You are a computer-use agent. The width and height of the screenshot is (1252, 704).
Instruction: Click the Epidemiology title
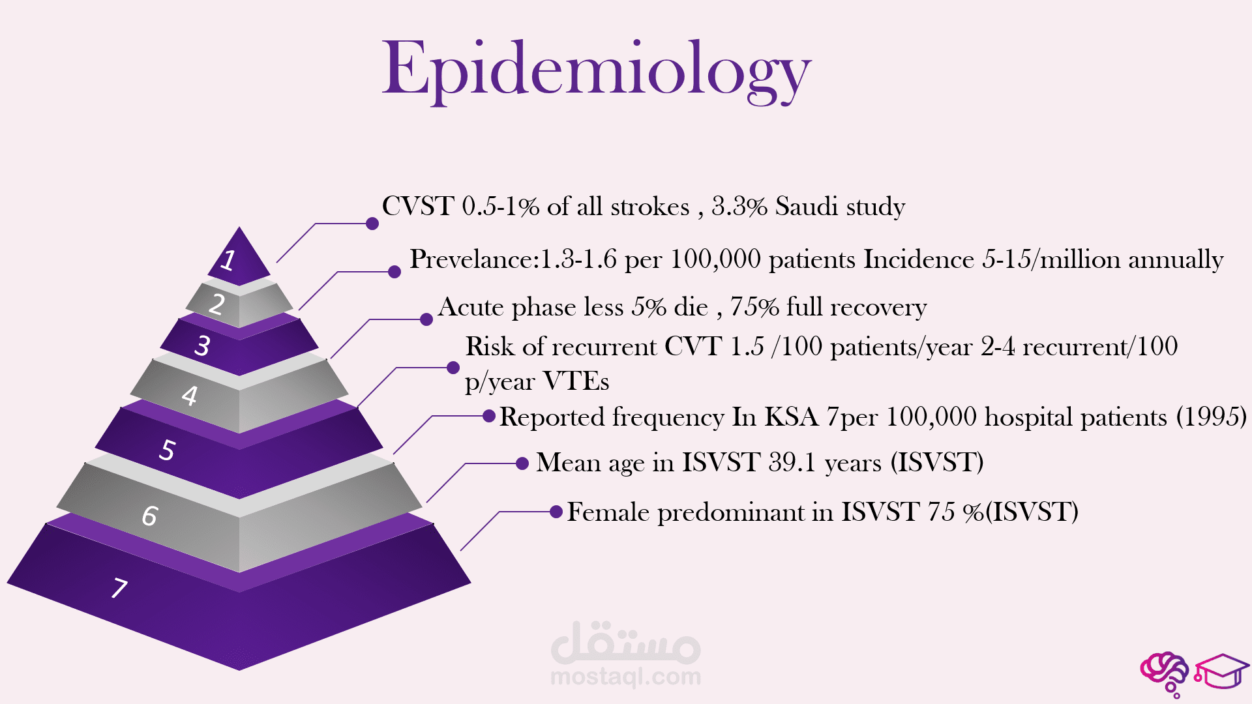[x=596, y=70]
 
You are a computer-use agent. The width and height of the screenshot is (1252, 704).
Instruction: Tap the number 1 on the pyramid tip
[x=228, y=259]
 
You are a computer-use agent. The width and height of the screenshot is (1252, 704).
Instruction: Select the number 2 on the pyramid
[x=217, y=304]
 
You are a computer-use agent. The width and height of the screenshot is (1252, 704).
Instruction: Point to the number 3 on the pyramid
[x=202, y=345]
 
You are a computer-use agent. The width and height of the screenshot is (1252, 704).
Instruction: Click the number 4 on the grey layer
[x=190, y=396]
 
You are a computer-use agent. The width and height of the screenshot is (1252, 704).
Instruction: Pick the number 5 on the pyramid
[x=168, y=450]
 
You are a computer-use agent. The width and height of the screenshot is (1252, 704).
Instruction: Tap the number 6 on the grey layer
[x=150, y=516]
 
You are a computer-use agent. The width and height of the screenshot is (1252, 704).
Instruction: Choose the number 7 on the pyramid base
[x=119, y=588]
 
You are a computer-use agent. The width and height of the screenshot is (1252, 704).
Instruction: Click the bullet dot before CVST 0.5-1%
[x=372, y=224]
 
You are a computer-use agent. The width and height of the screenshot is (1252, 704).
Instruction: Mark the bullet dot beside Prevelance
[x=395, y=272]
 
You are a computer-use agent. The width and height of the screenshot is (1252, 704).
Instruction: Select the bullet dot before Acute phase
[x=426, y=319]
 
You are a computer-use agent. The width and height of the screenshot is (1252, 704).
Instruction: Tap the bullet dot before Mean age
[x=522, y=463]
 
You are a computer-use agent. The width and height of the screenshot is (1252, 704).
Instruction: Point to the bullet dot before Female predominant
[x=556, y=512]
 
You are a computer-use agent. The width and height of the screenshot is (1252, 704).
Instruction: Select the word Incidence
[x=919, y=259]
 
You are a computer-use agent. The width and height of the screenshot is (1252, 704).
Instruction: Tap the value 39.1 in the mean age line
[x=792, y=463]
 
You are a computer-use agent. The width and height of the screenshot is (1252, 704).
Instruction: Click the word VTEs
[x=576, y=381]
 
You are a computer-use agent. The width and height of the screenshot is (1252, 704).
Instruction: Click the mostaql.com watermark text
[x=626, y=677]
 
